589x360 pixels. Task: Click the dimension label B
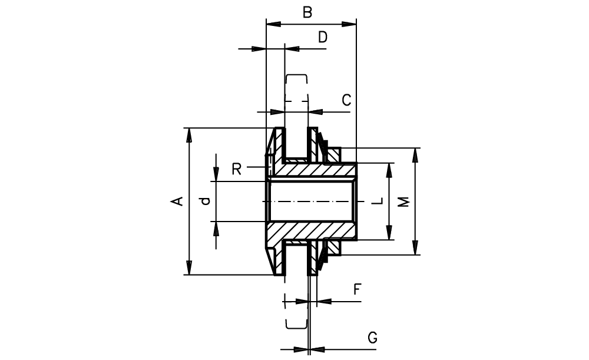click(x=307, y=12)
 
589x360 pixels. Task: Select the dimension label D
click(x=323, y=37)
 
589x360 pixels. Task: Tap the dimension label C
click(x=346, y=100)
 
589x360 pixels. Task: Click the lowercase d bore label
click(x=205, y=201)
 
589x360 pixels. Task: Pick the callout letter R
click(x=236, y=169)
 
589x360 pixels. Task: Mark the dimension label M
click(x=403, y=202)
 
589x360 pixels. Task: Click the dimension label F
click(x=358, y=289)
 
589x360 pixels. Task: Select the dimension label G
click(x=372, y=338)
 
